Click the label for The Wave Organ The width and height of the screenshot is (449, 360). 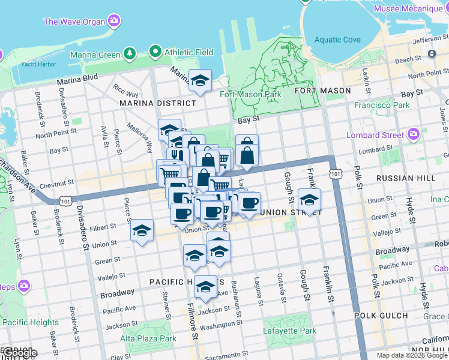[74, 22]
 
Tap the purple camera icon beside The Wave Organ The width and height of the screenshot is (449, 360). [114, 22]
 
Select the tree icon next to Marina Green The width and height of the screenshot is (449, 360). [130, 55]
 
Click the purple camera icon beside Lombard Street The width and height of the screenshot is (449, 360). [413, 134]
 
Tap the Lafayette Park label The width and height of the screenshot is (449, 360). [289, 331]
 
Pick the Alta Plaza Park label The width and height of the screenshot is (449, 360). [148, 338]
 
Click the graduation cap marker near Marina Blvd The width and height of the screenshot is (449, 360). [200, 80]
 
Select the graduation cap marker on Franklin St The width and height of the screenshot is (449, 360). [309, 200]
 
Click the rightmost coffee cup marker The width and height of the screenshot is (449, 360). [249, 202]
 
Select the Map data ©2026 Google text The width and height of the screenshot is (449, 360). [412, 355]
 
